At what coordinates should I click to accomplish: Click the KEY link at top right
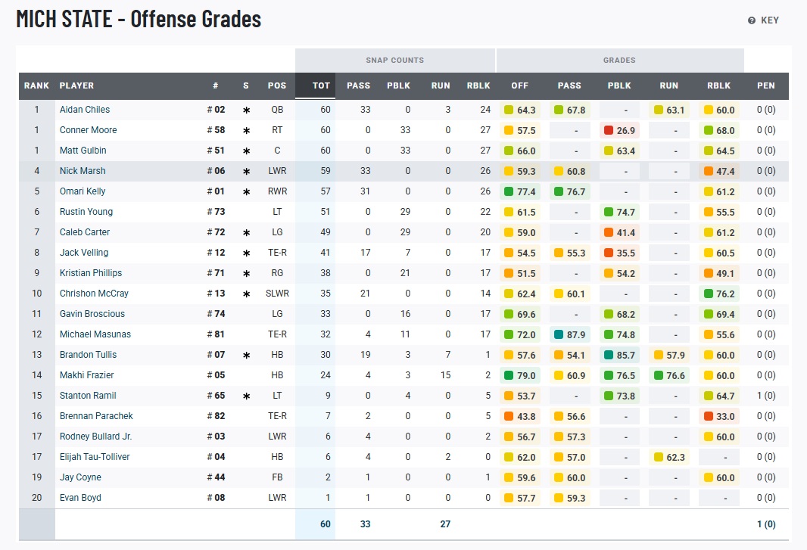[764, 20]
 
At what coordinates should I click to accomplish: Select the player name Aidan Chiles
[85, 110]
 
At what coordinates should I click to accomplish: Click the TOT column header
[321, 85]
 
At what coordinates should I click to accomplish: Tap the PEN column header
[766, 85]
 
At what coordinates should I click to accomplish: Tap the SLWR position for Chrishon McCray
[277, 294]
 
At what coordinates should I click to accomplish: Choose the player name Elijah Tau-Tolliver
[95, 457]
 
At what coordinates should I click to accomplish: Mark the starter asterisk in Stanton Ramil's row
[246, 396]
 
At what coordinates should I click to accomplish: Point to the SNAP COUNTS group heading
[394, 60]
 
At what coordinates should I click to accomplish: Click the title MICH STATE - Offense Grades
[139, 19]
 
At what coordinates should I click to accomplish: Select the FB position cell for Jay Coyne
[277, 477]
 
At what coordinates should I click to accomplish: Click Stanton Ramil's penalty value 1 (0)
[766, 396]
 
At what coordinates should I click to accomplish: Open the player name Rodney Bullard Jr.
[95, 437]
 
